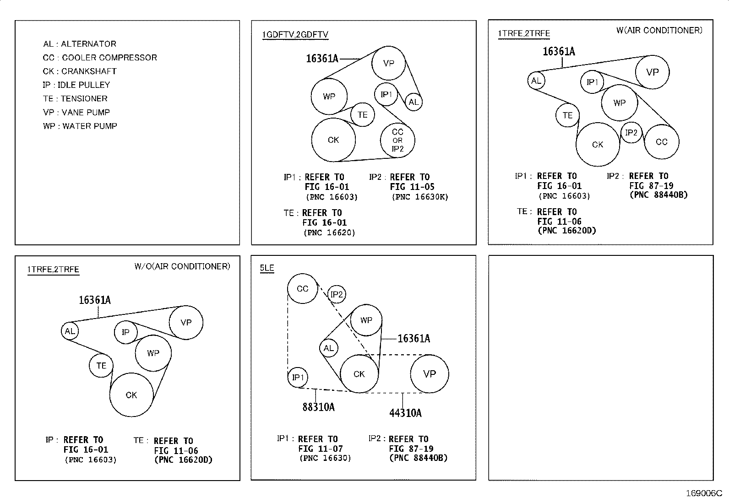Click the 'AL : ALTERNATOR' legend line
coord(79,44)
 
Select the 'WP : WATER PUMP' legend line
coord(80,126)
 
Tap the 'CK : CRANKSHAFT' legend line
coord(79,71)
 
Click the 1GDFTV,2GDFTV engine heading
coord(295,34)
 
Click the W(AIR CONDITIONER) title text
coord(659,30)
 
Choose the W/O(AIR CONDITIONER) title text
coord(182,266)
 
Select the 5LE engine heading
coord(267,268)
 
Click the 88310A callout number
coord(319,407)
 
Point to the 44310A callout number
coord(406,413)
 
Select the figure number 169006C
coord(704,493)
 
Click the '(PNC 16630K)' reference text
coord(420,197)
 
